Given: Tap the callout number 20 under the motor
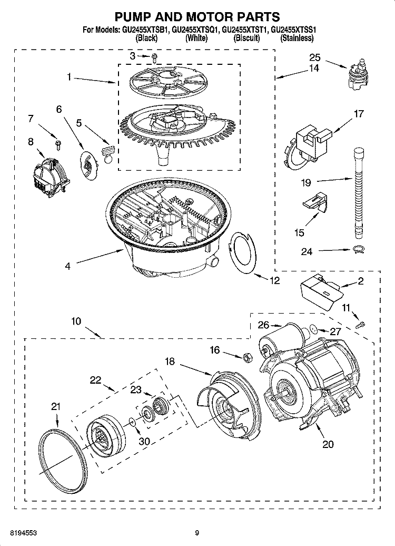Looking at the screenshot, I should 328,444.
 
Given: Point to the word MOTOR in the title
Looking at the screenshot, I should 207,17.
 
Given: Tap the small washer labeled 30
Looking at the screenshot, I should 131,421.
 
